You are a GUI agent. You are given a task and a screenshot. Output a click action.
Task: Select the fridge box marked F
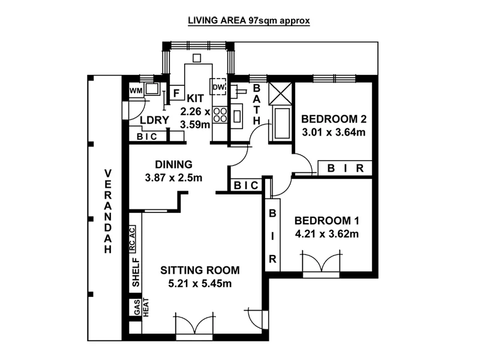point(176,93)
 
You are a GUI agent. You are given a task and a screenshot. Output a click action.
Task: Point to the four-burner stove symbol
point(219,114)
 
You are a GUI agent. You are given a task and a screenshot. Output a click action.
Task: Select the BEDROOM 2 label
point(333,118)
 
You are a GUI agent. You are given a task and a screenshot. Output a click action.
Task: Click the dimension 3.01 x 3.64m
point(333,132)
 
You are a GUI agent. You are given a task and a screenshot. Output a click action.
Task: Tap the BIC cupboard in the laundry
point(147,137)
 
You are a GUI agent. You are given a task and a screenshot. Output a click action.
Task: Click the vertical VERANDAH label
point(108,212)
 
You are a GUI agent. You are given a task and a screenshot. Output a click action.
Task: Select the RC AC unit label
point(134,239)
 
